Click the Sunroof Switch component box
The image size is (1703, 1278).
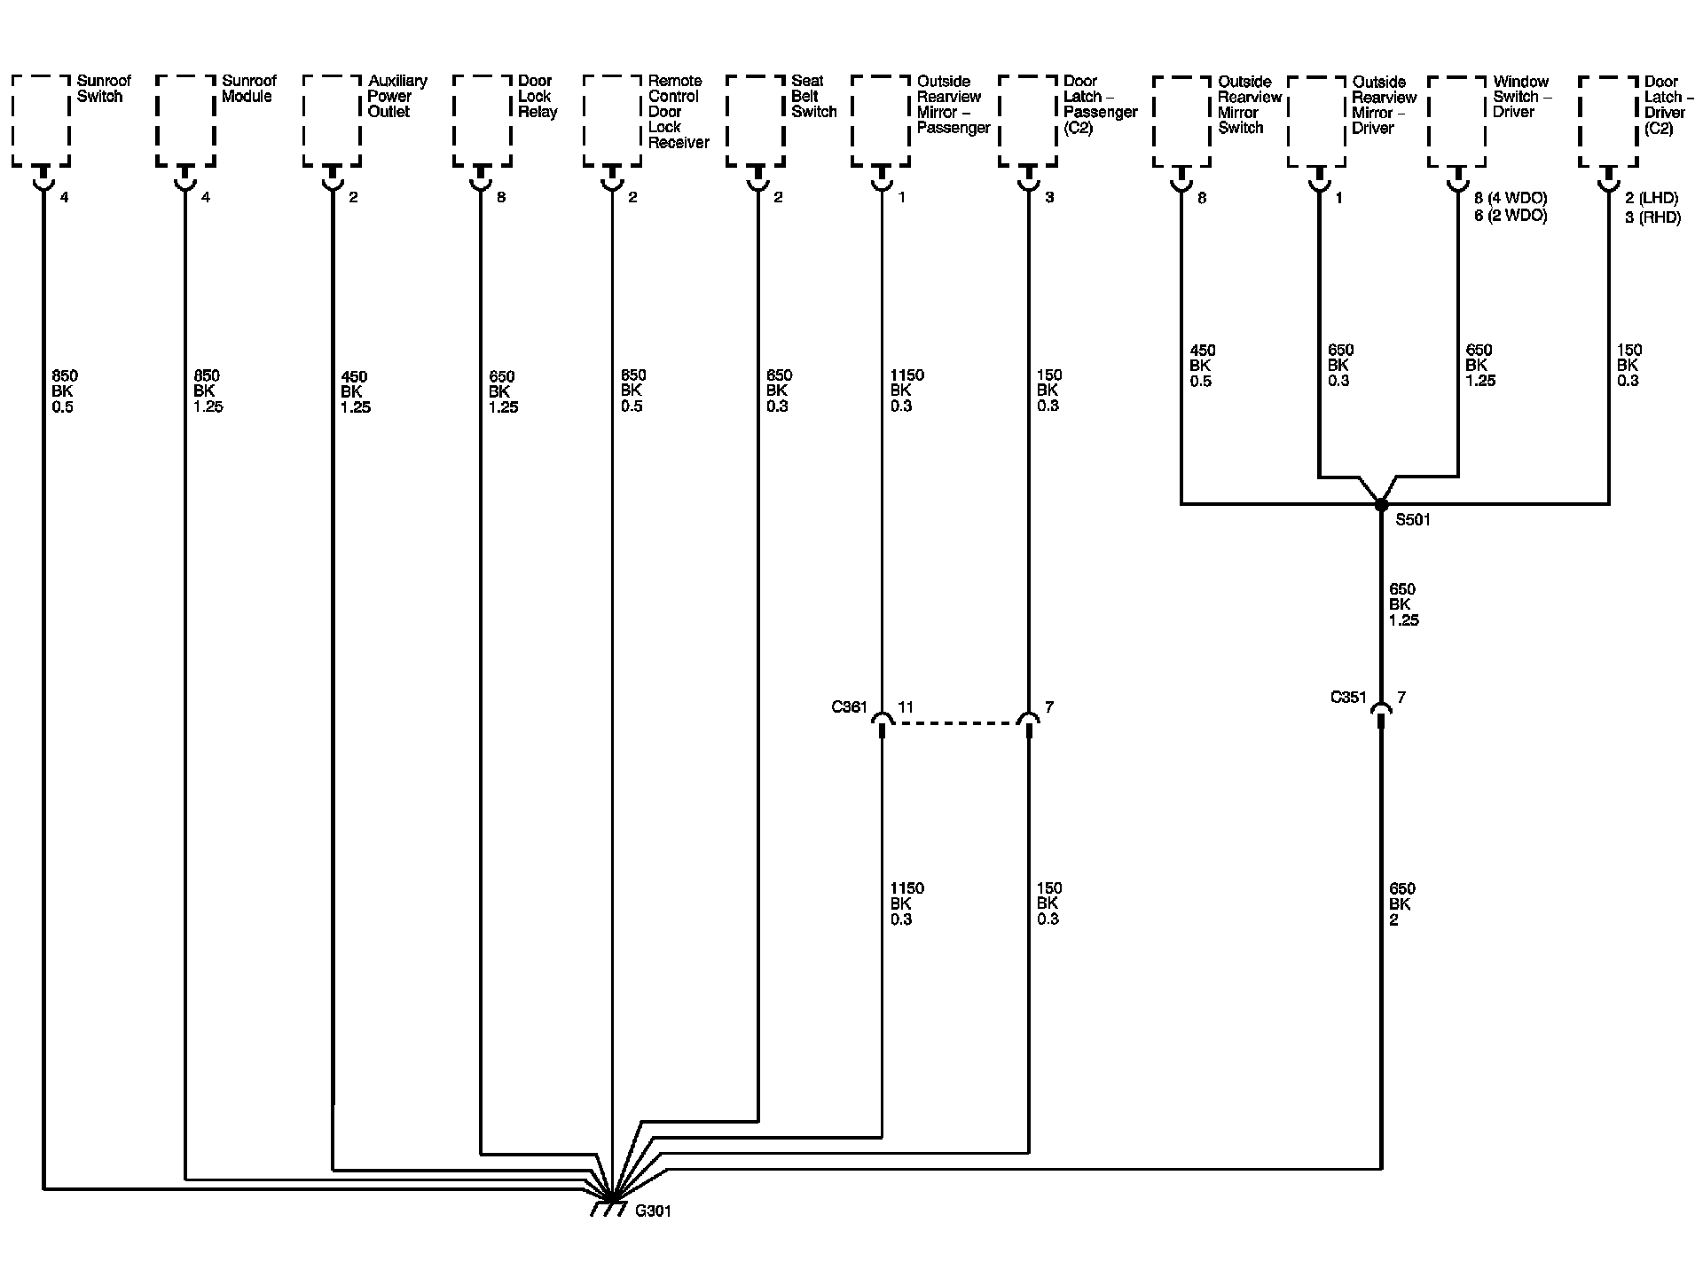tap(41, 121)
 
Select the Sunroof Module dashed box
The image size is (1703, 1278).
tap(185, 121)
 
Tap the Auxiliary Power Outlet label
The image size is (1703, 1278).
tap(396, 96)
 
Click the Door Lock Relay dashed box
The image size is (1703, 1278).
tap(482, 121)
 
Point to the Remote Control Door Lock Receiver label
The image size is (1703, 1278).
tap(678, 111)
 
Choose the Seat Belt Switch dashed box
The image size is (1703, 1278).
tap(755, 121)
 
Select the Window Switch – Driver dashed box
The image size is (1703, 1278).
tap(1457, 121)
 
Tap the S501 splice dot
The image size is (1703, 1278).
tap(1381, 505)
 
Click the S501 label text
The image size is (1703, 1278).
tap(1413, 521)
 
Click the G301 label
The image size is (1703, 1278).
tap(654, 1211)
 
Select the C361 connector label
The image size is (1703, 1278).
tap(849, 707)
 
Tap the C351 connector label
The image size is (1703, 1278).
tap(1348, 698)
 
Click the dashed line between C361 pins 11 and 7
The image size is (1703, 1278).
tap(955, 723)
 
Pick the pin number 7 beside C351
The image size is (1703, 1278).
tap(1401, 698)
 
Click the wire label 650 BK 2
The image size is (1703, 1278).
tap(1402, 903)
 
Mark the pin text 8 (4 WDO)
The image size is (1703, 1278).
tap(1511, 198)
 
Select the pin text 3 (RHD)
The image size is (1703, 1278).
tap(1652, 217)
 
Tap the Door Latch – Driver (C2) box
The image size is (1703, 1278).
tap(1608, 121)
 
